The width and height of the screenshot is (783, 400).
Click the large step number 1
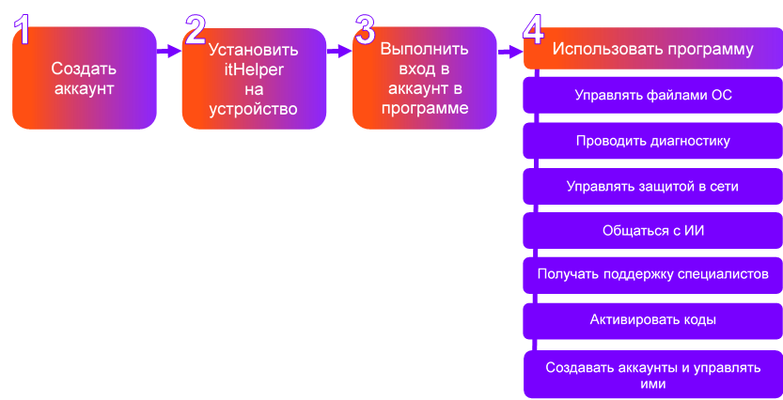click(24, 30)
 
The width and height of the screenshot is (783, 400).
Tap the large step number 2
click(195, 30)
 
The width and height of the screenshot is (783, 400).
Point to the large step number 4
click(532, 30)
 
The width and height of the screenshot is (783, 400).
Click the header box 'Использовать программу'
click(652, 50)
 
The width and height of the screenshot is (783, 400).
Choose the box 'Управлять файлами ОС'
click(652, 96)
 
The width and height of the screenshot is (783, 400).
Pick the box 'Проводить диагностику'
click(652, 141)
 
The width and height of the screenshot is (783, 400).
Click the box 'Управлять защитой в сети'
click(652, 186)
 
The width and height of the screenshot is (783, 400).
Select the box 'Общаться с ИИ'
click(652, 230)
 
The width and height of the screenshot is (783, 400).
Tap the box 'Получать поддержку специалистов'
click(652, 275)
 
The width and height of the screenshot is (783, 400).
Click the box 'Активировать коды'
click(652, 320)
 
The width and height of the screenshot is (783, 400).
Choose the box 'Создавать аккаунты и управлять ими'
click(652, 375)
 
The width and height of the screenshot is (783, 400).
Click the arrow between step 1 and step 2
click(169, 52)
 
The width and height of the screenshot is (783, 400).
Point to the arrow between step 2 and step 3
click(339, 52)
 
